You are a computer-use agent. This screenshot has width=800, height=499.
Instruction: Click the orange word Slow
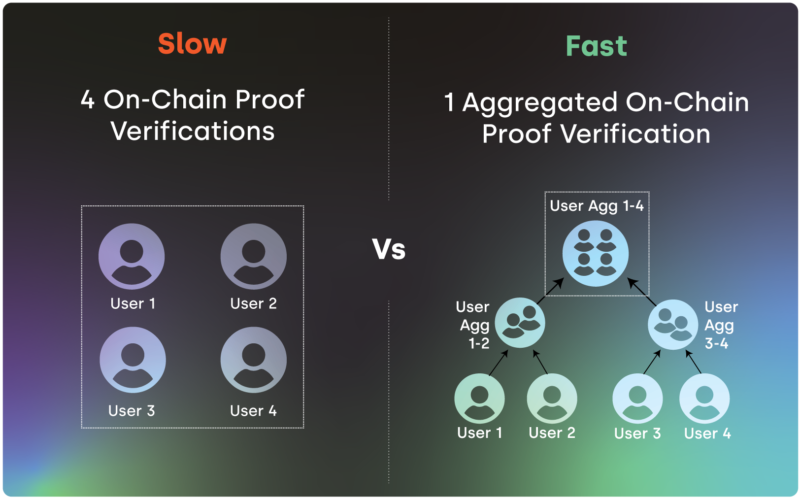coord(192,43)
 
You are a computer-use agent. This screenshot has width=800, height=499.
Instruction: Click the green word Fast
coord(596,46)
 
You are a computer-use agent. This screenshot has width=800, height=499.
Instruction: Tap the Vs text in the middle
coord(389,249)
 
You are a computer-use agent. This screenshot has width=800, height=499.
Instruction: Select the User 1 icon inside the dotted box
coord(132,256)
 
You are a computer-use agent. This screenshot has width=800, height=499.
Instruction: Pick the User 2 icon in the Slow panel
coord(253,256)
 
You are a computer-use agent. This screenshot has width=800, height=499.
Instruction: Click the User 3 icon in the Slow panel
coord(133,360)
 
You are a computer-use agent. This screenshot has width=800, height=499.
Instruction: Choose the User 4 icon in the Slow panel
coord(253,360)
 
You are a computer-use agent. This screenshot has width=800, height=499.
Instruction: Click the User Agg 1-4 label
coord(597,205)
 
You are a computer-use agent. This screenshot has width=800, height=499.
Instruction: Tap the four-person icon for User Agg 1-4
coord(595,253)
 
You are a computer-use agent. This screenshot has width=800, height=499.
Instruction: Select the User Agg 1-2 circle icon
coord(520,323)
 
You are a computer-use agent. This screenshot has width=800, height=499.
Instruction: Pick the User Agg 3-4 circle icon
coord(672,325)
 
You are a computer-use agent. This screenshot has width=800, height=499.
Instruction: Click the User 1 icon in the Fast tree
coord(479,399)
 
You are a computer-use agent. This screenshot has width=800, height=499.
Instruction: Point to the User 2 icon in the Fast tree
coord(552,399)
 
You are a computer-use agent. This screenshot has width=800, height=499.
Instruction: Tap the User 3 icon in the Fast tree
coord(637,399)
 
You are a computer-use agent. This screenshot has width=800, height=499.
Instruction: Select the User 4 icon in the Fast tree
coord(704,399)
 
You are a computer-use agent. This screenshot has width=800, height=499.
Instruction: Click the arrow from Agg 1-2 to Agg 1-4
coord(550,291)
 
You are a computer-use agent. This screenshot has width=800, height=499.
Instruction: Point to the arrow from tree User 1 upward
coord(499,363)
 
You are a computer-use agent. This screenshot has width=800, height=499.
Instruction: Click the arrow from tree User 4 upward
coord(694,363)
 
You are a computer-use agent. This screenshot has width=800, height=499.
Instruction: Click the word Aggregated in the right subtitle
coord(540,103)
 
